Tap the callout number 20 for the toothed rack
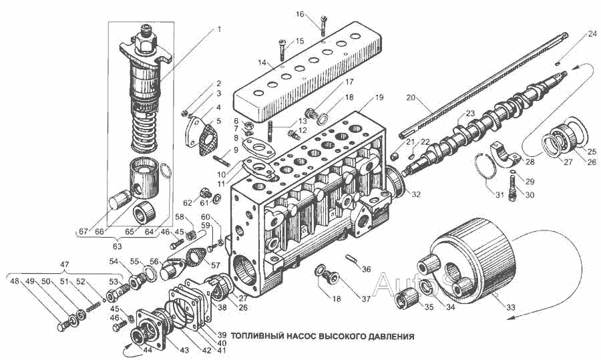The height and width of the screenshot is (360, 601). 411,98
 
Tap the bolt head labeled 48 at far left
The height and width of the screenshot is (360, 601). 61,327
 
